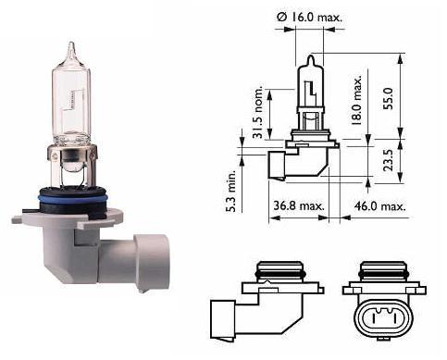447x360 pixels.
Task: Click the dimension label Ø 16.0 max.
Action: coord(310,17)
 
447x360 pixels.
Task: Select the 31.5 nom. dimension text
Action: coord(257,111)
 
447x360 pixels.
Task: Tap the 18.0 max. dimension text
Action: coord(357,100)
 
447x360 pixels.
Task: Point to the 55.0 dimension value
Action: coord(388,98)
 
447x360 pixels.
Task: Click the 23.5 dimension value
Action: coord(388,160)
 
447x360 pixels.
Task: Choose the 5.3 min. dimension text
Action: coord(230,191)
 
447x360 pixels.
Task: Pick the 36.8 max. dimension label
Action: coord(299,205)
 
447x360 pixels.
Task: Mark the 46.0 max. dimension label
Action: coord(379,205)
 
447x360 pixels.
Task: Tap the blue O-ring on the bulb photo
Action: coord(73,198)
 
